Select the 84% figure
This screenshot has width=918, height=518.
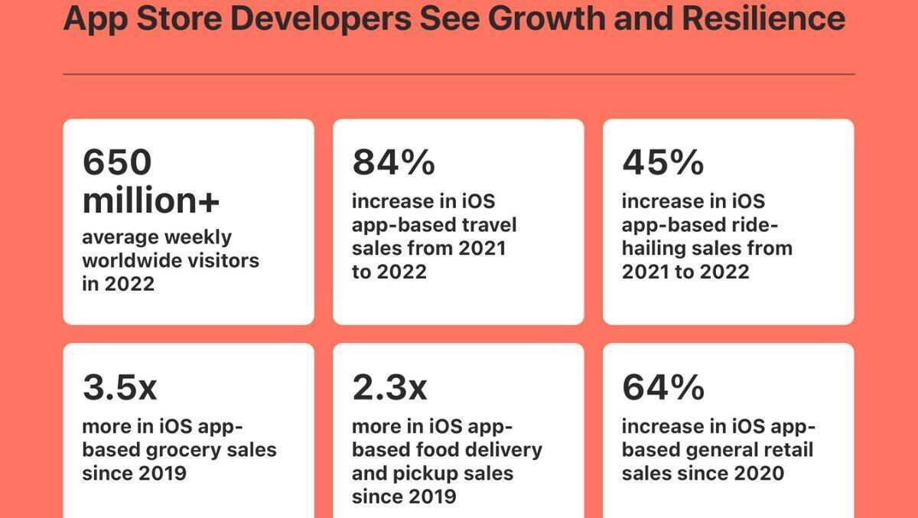coord(393,163)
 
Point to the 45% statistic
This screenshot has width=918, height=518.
coord(662,163)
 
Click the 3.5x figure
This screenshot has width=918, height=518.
coord(120,388)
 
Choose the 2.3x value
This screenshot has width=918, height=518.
coord(389,388)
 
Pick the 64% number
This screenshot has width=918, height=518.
coord(662,388)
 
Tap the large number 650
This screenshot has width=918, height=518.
coord(118,163)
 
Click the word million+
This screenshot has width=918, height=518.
coord(151,200)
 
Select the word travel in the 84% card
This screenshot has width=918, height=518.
coord(487,225)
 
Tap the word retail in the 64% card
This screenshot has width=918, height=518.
coord(786,449)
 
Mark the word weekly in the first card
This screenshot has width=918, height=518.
coord(195,236)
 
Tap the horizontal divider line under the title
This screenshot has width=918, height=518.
coord(458,74)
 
